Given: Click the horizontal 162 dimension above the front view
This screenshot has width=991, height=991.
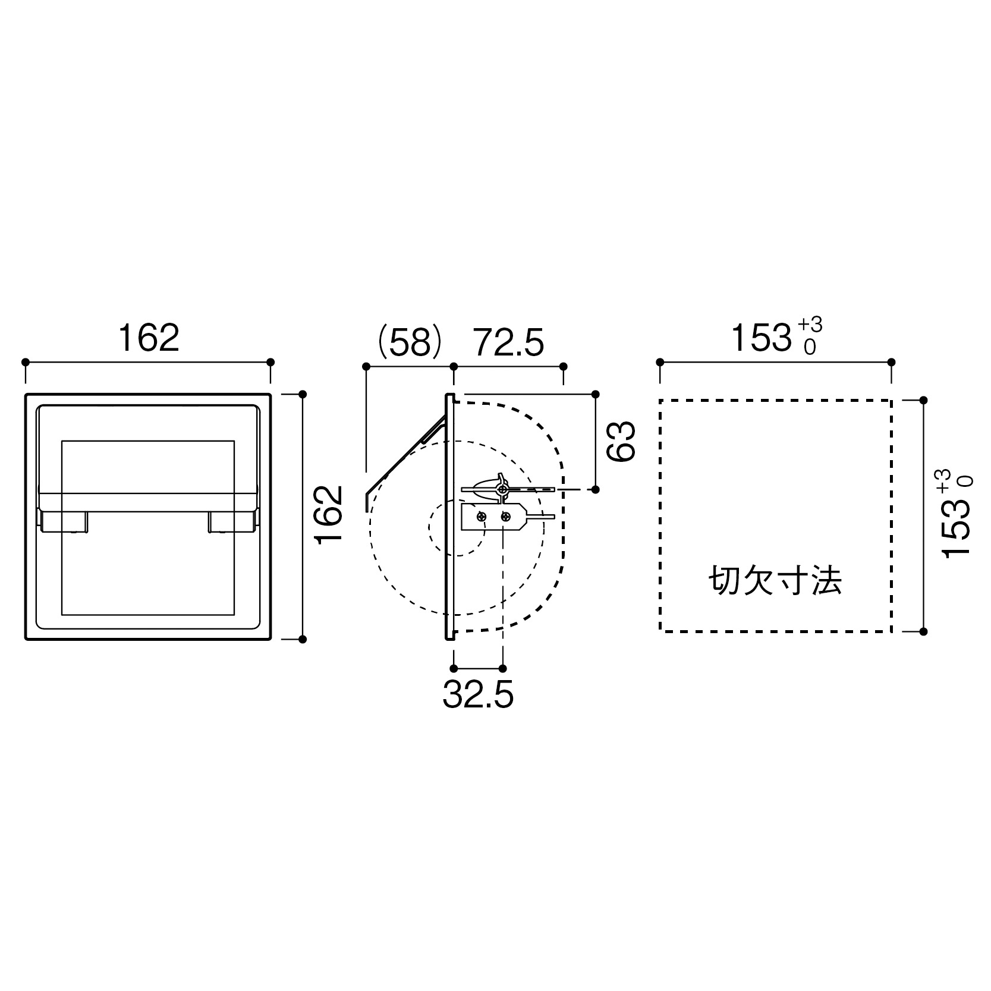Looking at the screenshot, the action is click(149, 337).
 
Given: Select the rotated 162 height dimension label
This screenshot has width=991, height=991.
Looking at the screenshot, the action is click(329, 514).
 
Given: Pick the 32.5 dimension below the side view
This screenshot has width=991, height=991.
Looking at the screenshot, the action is click(478, 694).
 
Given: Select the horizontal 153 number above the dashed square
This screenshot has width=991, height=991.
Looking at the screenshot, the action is click(760, 338).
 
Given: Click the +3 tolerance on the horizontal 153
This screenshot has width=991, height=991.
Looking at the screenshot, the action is click(810, 325).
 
